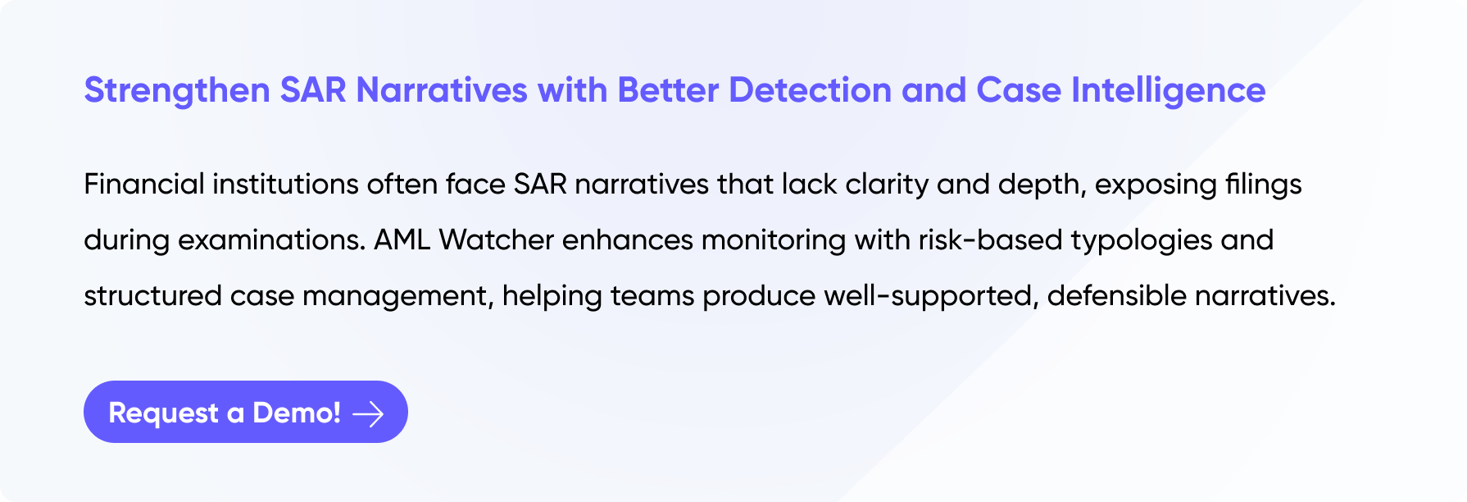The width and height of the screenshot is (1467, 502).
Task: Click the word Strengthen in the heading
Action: point(177,91)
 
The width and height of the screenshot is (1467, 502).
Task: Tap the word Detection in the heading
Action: point(810,90)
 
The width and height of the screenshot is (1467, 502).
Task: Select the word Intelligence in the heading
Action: point(1169,91)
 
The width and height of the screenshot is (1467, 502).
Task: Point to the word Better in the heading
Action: point(668,90)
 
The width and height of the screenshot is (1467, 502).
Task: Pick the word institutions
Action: point(286,184)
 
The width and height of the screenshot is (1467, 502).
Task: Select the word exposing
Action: point(1156,185)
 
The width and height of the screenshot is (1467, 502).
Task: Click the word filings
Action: point(1263,185)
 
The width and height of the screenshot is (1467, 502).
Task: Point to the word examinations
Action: point(271,240)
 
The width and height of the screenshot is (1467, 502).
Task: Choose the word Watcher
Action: point(497,240)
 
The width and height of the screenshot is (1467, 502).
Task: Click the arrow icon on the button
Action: point(368,413)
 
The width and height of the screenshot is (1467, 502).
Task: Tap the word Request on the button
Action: point(164,413)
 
